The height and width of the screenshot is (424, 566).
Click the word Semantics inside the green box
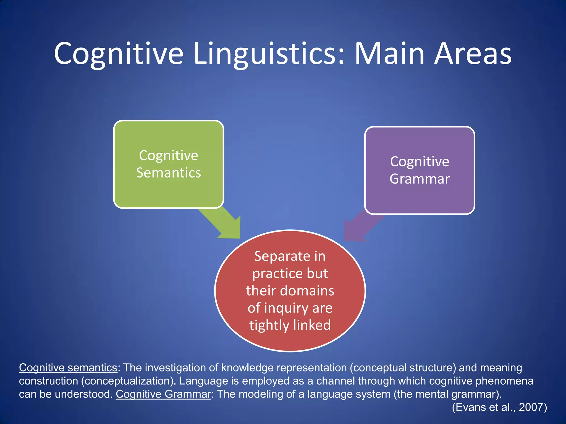pos(169,173)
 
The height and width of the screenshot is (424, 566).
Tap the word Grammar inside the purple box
pos(420,179)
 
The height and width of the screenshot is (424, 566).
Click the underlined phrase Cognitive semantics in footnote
pos(68,368)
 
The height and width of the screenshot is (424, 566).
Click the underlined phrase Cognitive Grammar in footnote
pos(163,394)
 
